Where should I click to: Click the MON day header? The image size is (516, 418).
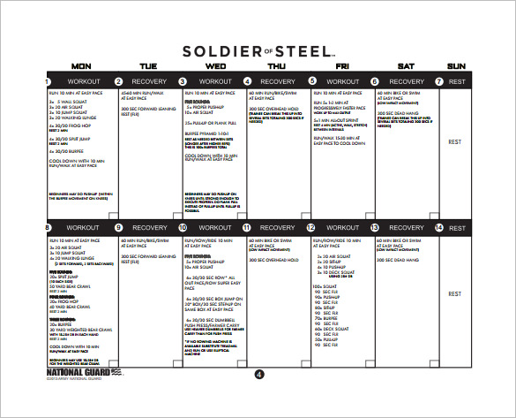tap(80, 66)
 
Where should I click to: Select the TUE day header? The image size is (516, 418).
tap(147, 66)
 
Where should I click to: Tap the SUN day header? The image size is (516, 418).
tap(457, 66)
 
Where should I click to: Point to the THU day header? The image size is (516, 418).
tap(276, 66)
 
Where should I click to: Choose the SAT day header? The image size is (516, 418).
tap(407, 66)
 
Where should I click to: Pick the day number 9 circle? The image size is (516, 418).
tap(118, 228)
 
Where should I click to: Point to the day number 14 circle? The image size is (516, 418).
tap(439, 228)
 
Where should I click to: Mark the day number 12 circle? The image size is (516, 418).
tap(310, 228)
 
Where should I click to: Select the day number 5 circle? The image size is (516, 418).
tap(310, 81)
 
